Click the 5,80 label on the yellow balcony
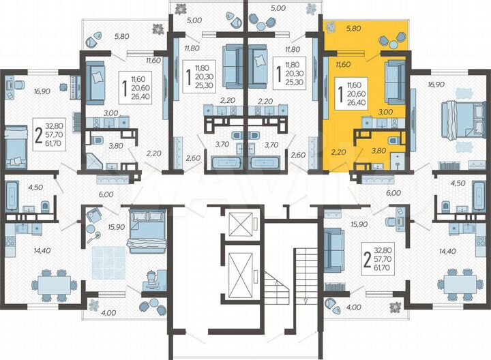tap(353, 29)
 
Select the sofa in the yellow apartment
tap(395, 80)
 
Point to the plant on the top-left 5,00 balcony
tap(183, 9)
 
